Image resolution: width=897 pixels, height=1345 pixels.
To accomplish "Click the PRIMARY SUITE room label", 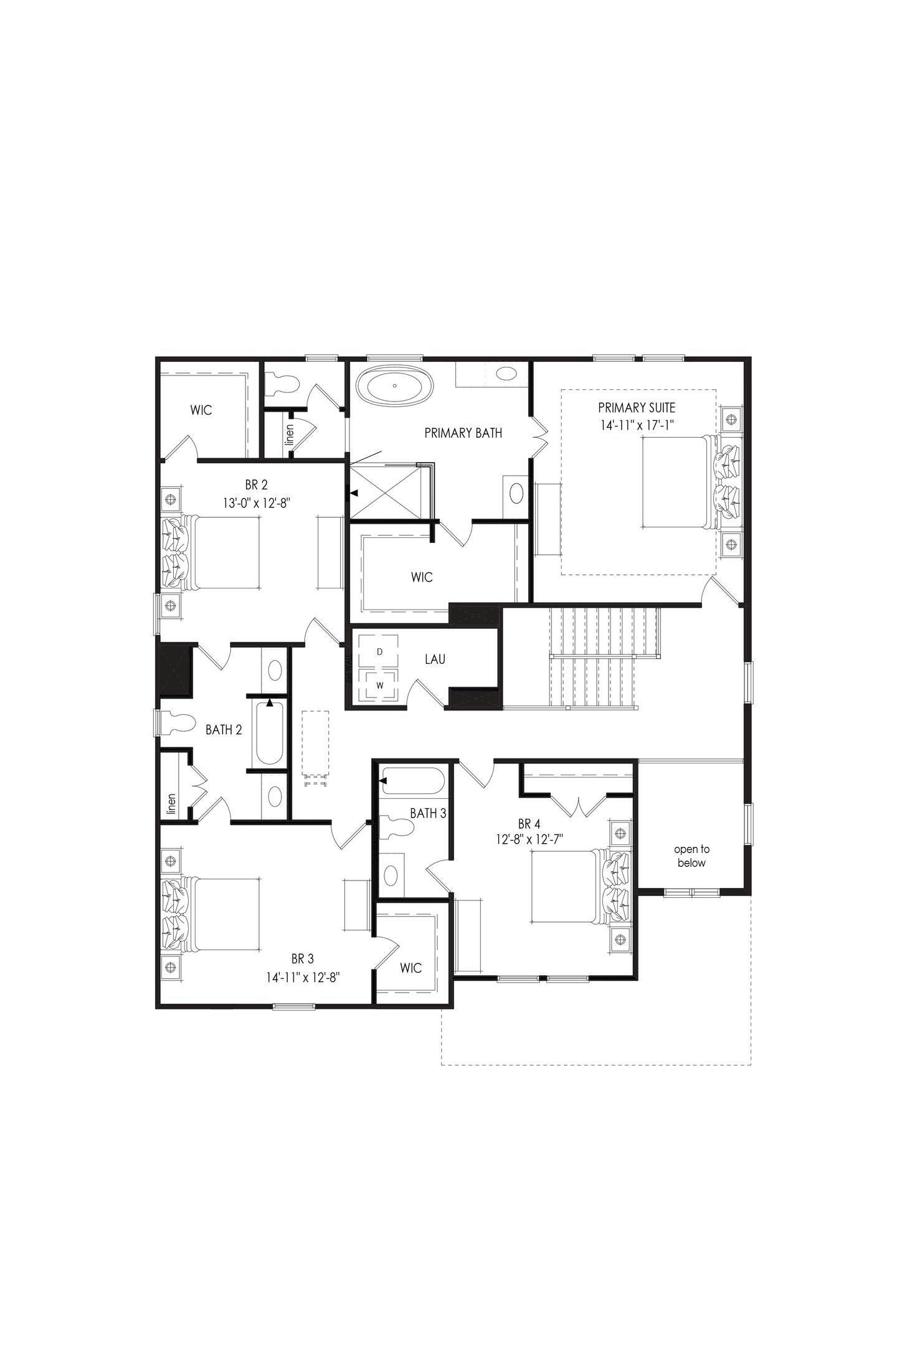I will [636, 408].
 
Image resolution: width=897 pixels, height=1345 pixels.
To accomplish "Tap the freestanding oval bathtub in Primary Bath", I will [395, 386].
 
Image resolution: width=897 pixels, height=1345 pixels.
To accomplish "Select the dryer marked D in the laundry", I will [379, 651].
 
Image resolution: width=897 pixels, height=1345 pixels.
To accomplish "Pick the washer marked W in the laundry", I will [379, 686].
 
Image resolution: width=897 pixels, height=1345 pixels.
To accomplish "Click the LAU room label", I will [435, 659].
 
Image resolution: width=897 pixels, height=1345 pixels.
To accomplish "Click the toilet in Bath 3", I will [396, 828].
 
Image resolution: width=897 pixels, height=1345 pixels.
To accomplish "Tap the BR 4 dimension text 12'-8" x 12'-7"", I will [529, 839].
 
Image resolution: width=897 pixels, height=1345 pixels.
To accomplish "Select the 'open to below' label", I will [691, 856].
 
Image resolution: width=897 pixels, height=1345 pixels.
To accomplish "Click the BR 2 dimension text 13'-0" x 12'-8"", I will [257, 503].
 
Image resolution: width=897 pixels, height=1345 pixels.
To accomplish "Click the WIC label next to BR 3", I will [411, 968].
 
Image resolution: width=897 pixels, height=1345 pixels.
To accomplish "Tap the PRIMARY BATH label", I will [463, 433].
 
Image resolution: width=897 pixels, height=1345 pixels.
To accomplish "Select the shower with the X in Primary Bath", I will [388, 492].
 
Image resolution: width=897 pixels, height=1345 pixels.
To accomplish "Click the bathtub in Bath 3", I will [411, 781].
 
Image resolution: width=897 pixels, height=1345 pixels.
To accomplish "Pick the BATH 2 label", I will [224, 730].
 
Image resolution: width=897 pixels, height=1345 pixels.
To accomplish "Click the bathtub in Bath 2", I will [269, 733].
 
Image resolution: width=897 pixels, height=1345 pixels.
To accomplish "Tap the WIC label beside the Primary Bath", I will [422, 577].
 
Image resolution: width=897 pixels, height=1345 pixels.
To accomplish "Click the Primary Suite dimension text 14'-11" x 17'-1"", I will [636, 425].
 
